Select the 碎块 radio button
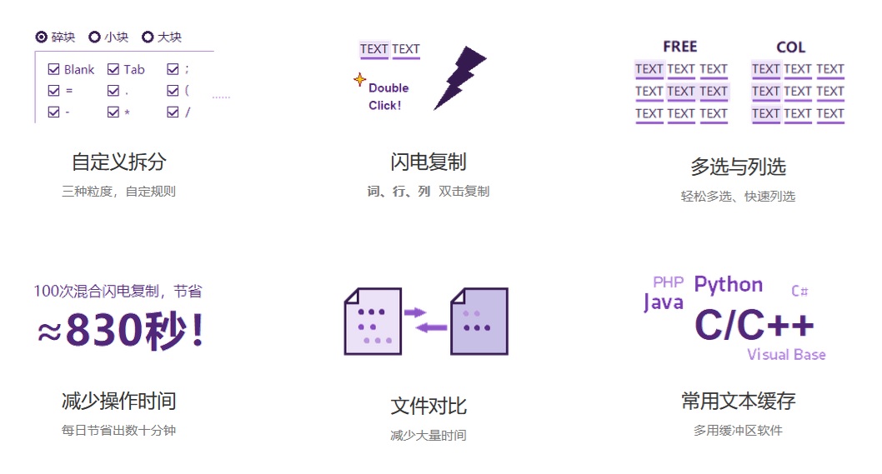(42, 37)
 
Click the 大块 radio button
(148, 37)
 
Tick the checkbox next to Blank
(54, 69)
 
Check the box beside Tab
(113, 69)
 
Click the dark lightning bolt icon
(459, 77)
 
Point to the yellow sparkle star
(359, 80)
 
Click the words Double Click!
(388, 97)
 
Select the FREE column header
(680, 47)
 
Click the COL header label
(790, 47)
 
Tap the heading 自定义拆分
(118, 162)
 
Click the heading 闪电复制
(428, 162)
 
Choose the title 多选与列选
(738, 167)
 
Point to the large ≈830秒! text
(120, 331)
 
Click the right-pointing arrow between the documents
(414, 312)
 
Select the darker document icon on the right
(479, 322)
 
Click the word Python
(728, 285)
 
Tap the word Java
(663, 302)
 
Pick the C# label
(799, 291)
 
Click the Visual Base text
(785, 355)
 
